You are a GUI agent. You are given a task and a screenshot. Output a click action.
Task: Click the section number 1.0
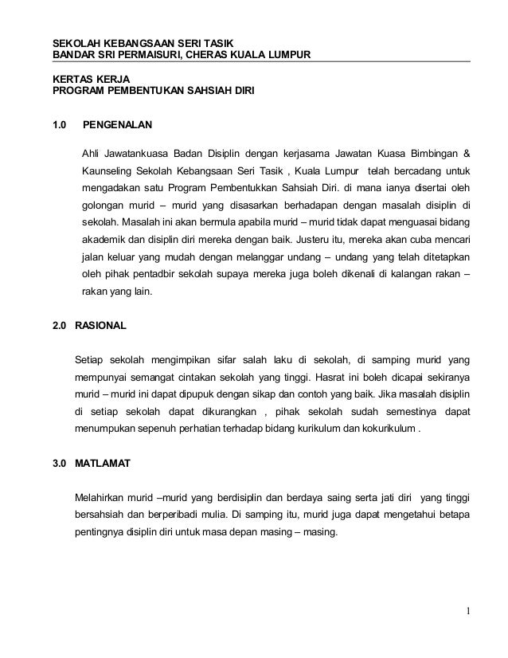(60, 125)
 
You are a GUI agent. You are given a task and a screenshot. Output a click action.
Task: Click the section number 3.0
(59, 463)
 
